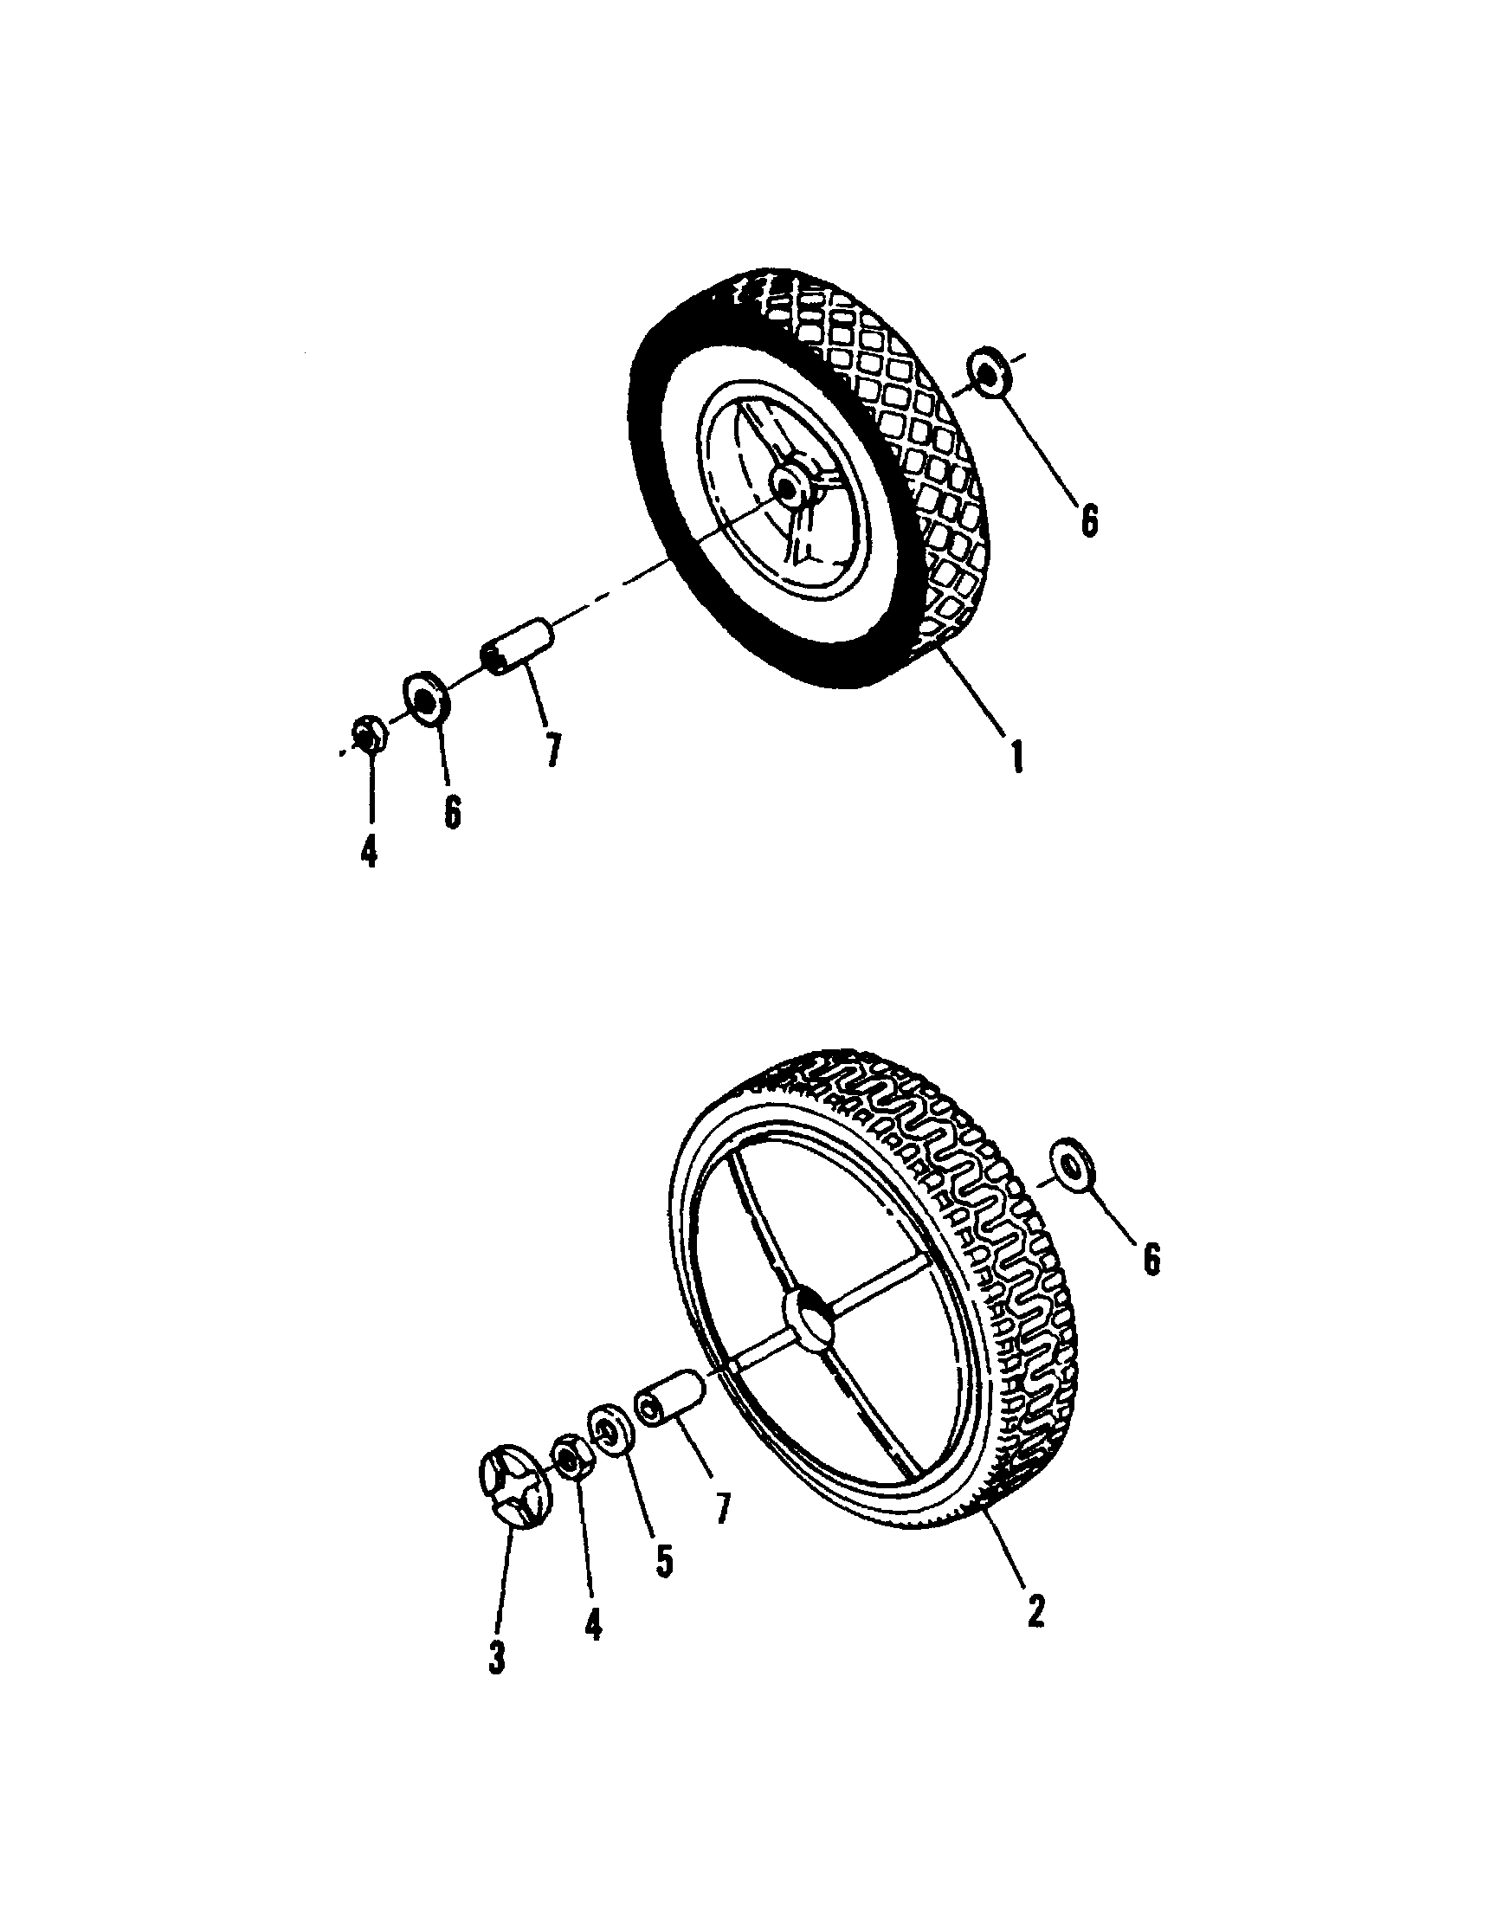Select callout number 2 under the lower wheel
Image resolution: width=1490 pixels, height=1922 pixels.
[1035, 1608]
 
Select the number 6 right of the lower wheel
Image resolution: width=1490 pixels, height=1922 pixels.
[1151, 1259]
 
